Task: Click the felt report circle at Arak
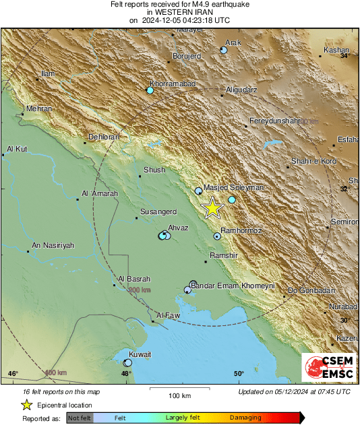(224, 51)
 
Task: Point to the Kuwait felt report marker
(127, 362)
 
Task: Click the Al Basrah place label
(134, 279)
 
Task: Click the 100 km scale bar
(179, 389)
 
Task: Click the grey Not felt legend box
(79, 418)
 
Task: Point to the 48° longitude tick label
(126, 374)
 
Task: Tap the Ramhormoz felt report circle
(217, 236)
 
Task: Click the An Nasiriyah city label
(53, 245)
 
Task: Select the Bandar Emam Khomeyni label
(233, 286)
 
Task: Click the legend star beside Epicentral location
(26, 405)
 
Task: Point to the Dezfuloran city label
(104, 137)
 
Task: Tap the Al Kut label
(16, 149)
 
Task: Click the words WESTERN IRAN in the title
(180, 12)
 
